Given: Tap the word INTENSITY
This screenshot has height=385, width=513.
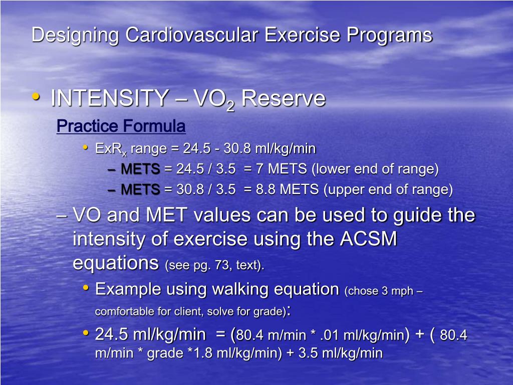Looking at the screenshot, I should pos(109,98).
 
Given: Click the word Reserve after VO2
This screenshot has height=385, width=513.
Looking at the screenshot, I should pos(283,98).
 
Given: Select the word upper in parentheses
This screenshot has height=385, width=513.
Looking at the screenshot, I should pos(346,190).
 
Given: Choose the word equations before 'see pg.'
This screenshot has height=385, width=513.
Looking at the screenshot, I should pos(116,263).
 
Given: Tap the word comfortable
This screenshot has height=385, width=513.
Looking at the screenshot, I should pos(125,312).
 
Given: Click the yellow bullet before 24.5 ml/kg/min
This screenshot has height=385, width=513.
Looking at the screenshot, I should pos(86,333).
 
